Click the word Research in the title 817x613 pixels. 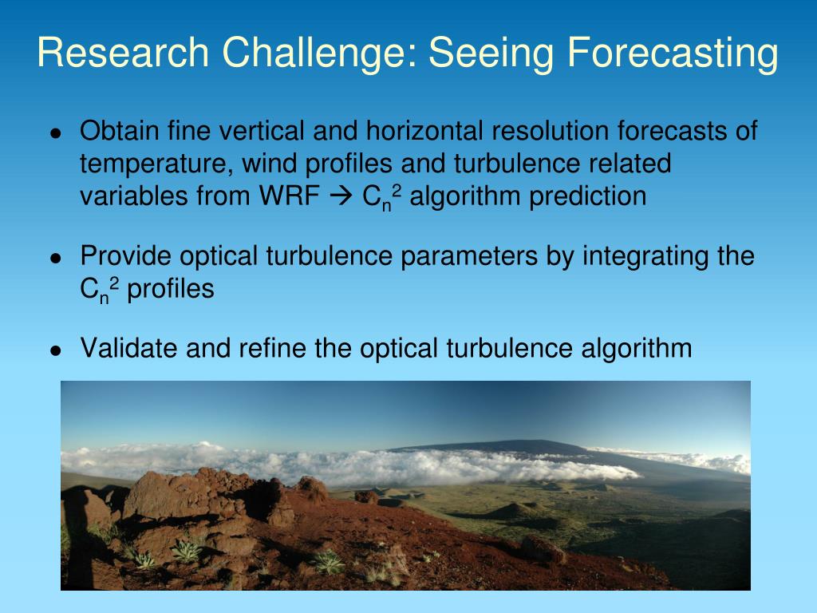[x=123, y=52]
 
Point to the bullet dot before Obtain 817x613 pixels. [x=56, y=133]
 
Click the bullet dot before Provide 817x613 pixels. [x=56, y=258]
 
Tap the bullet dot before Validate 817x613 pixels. [x=56, y=350]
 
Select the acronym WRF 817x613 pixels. [x=289, y=196]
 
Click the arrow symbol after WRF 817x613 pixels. [x=341, y=197]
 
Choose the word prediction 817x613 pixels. [x=587, y=197]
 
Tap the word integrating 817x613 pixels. [x=645, y=257]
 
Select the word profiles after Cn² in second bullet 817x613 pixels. [x=171, y=289]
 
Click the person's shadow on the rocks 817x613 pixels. [x=81, y=537]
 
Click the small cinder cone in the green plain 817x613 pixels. [x=513, y=510]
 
